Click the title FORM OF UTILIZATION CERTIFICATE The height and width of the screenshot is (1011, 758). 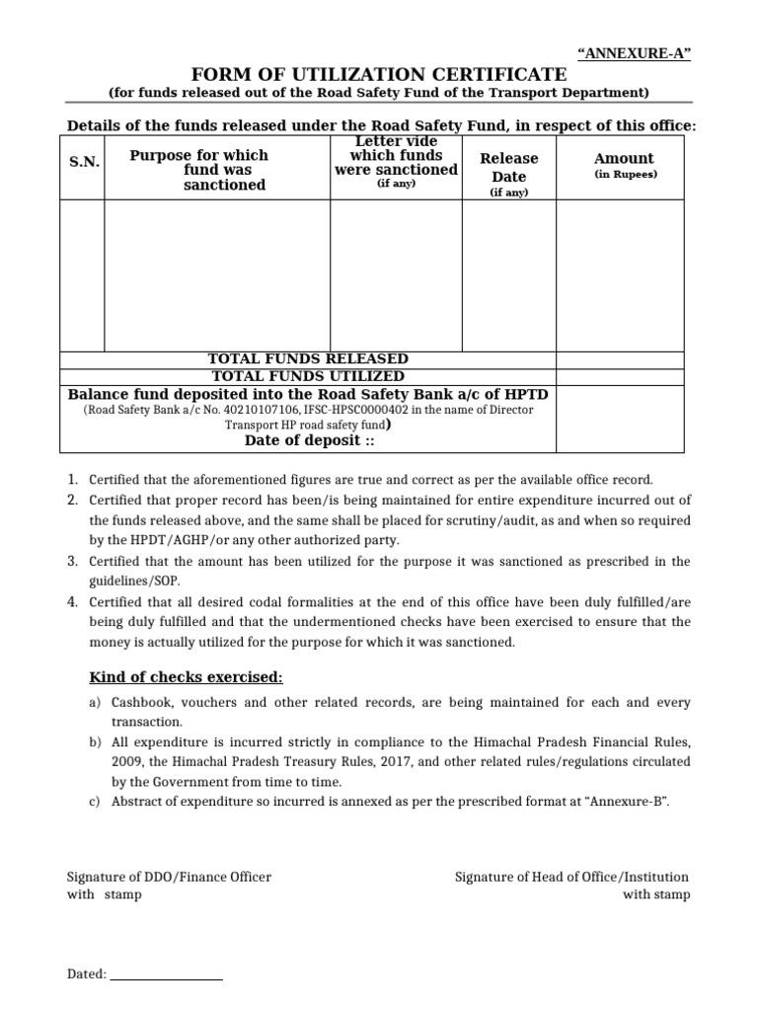click(378, 74)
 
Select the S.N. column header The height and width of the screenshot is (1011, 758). click(84, 162)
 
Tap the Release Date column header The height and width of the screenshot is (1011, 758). click(509, 168)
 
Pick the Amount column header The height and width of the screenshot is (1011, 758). click(624, 158)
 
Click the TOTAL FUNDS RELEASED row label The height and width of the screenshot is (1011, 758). click(308, 358)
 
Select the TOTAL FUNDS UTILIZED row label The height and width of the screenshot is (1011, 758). click(308, 376)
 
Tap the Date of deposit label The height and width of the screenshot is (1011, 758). click(308, 440)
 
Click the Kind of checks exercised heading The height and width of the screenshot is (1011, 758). click(186, 677)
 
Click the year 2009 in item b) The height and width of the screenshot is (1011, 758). click(125, 761)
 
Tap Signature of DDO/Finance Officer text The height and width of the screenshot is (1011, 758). click(169, 877)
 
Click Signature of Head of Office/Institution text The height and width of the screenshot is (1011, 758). click(571, 877)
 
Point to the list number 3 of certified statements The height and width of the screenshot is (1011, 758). click(72, 561)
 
